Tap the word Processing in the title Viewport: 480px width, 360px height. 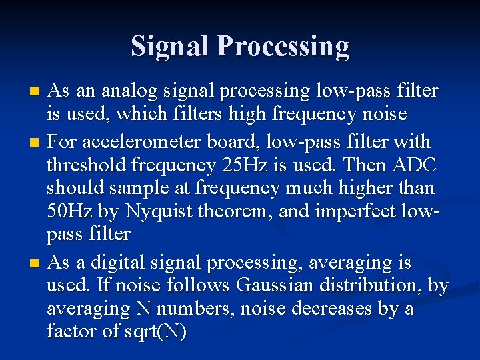[x=283, y=47]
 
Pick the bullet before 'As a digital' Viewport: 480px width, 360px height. [x=37, y=263]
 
